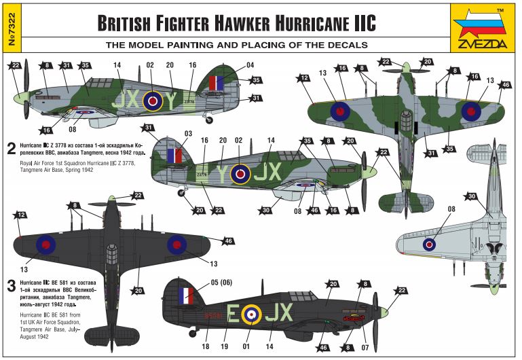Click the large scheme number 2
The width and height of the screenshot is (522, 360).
(x=11, y=147)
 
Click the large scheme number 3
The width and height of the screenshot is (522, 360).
(x=11, y=285)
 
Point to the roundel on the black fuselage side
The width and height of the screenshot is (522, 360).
(x=251, y=313)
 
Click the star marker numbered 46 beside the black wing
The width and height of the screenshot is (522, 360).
(x=228, y=241)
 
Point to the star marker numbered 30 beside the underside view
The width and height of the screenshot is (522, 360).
(x=471, y=196)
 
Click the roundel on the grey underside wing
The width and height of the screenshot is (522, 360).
(x=429, y=245)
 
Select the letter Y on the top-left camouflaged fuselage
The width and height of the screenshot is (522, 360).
(x=172, y=101)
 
